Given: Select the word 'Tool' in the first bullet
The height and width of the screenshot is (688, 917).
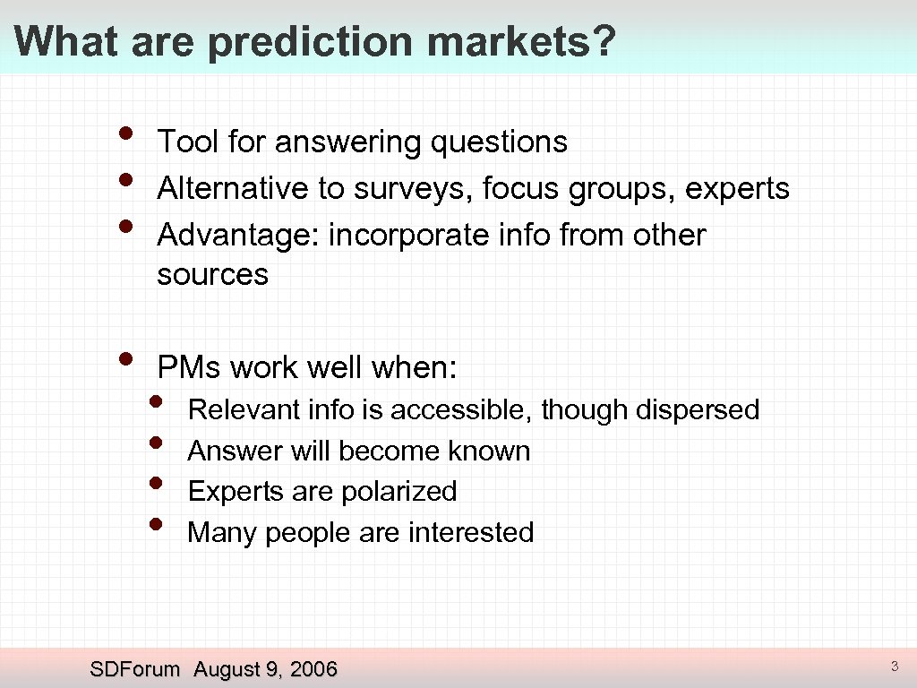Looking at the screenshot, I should (x=187, y=142).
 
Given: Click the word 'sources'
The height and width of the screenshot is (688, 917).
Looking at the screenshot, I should (x=212, y=274).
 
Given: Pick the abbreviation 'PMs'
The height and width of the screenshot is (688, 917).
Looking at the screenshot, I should (x=189, y=367).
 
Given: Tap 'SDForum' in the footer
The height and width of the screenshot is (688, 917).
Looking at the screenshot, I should (x=135, y=668).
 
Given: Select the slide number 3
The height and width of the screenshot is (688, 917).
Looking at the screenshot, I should (x=894, y=666).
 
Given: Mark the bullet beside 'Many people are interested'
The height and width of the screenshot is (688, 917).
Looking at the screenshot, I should (x=158, y=523).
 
